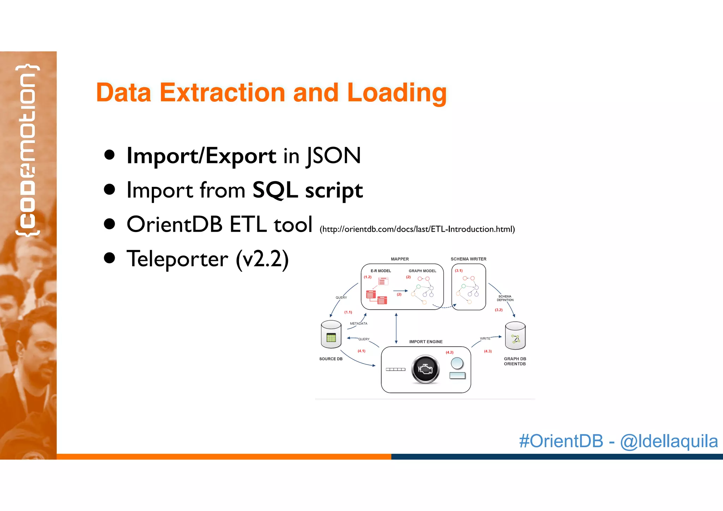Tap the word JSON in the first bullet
coord(333,156)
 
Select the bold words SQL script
coord(307,190)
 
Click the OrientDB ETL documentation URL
coord(417,229)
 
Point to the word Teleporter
coord(177,259)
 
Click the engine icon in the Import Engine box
coord(425,369)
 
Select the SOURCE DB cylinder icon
coord(331,335)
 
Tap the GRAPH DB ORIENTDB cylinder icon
coord(515,336)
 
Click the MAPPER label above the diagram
coord(400,259)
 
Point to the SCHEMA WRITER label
coord(468,259)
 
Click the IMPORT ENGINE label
coord(425,342)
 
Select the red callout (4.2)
coord(449,352)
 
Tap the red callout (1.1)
coord(348,312)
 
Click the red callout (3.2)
coord(498,310)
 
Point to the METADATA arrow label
coord(358,323)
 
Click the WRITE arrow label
coord(485,338)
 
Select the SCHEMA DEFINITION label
coord(505,298)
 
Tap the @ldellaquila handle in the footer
coord(669,441)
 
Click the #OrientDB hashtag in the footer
coord(561,441)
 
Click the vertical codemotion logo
coord(28,150)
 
